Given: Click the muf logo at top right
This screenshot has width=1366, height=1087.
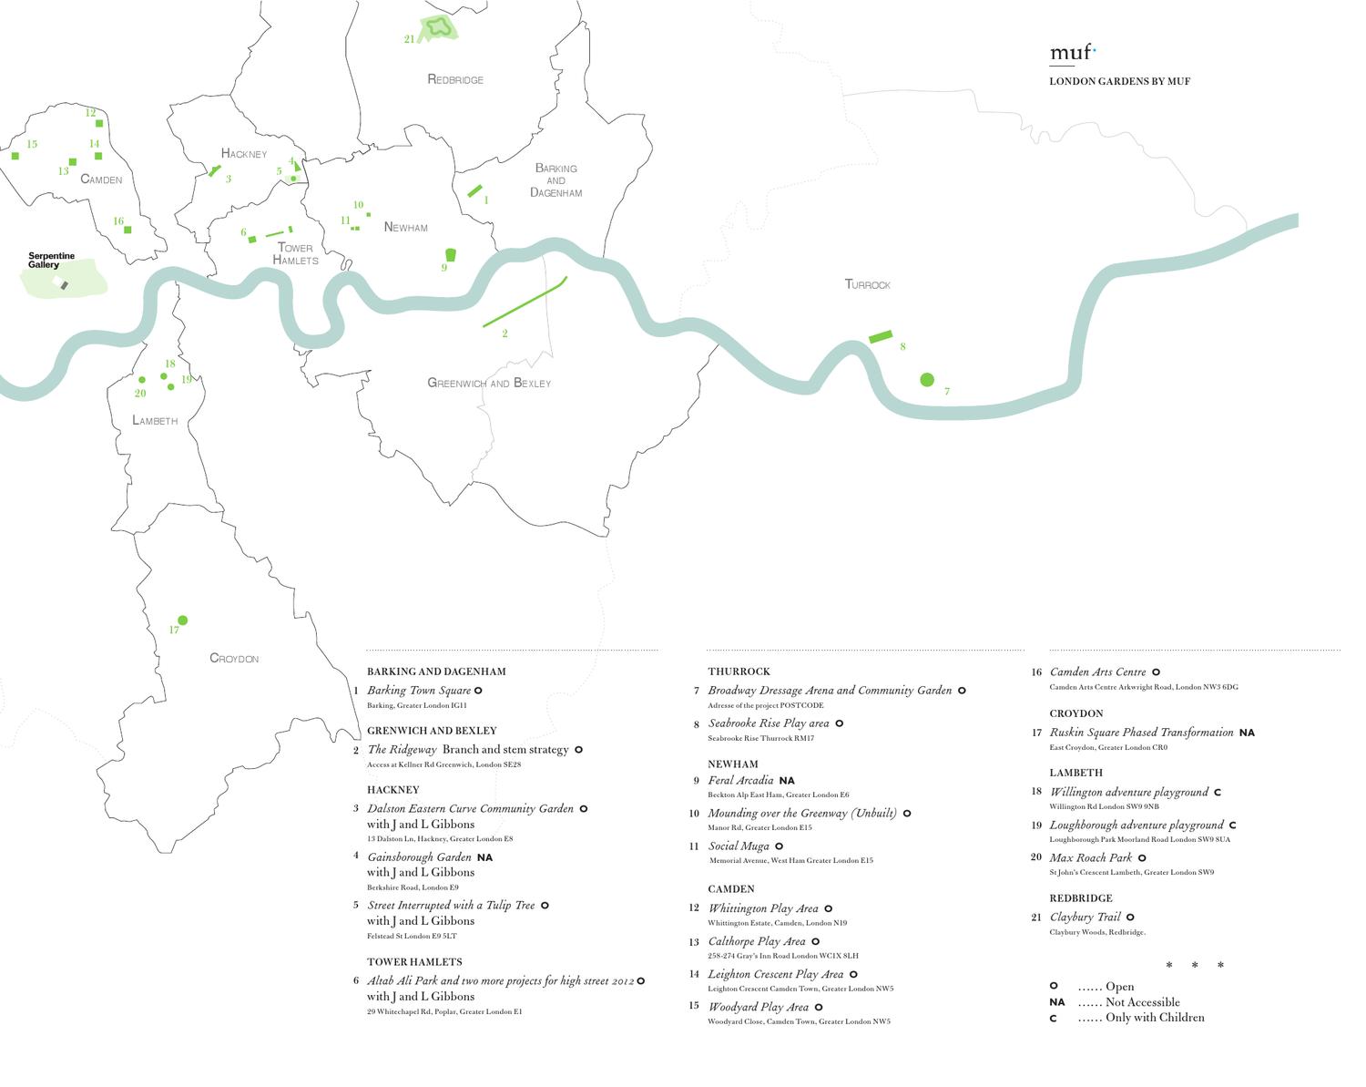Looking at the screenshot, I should coord(1072,53).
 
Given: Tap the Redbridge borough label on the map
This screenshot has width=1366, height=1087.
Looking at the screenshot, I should coord(455,80).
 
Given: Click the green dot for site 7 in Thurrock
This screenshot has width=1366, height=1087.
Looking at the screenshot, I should coord(927,380).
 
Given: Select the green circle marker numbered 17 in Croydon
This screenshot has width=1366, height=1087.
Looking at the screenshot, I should coord(182,620).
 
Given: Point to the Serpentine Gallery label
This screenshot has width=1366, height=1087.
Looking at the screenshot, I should coord(51,261).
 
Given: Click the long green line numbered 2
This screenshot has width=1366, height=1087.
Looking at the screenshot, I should coord(525,302).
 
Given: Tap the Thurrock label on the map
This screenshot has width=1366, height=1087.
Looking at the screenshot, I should coord(867,285).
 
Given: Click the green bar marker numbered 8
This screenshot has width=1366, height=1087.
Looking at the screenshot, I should coord(881,337).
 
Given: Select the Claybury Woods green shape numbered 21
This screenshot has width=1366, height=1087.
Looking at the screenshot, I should coord(439,28).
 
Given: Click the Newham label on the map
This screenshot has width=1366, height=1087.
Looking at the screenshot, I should coord(405,228).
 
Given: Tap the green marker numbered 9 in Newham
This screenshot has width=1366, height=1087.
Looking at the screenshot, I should coord(450,255).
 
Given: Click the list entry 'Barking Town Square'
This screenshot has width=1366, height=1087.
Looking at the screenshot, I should coord(419,691).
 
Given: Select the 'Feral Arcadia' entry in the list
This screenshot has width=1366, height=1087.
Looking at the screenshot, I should coord(740,781).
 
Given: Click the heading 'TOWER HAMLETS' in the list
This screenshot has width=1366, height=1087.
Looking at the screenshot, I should coord(414,962).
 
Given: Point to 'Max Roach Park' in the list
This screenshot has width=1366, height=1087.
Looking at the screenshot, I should coord(1090,857).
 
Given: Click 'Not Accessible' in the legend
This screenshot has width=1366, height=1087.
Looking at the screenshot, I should coord(1142,1002).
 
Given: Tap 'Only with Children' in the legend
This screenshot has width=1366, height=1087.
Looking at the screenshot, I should coord(1154,1018).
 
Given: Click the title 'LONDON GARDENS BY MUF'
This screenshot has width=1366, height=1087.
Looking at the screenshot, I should coord(1119,82).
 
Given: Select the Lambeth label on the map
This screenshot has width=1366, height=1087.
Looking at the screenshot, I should coord(155,421).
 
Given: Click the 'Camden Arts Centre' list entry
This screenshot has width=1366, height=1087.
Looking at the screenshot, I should coord(1097,672).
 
